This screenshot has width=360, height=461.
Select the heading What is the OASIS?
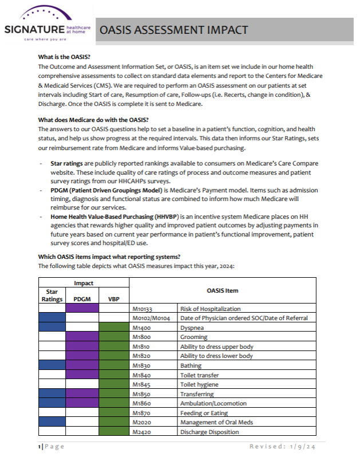click(x=64, y=57)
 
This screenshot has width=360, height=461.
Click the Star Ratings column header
click(x=52, y=295)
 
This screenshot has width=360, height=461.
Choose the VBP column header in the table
click(x=114, y=298)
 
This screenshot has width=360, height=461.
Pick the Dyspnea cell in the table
click(x=193, y=328)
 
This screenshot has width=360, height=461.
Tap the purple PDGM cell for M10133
click(x=82, y=309)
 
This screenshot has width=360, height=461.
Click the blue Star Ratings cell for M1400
click(x=52, y=328)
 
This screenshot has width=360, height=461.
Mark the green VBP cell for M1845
click(x=114, y=384)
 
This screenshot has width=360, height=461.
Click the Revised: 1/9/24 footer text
click(x=287, y=447)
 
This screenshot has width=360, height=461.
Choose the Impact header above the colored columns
click(x=84, y=283)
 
